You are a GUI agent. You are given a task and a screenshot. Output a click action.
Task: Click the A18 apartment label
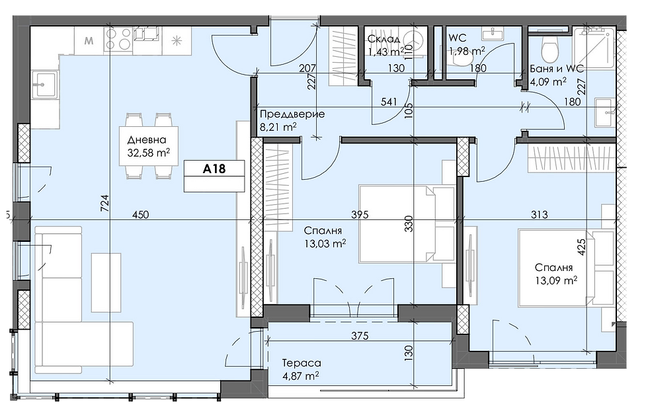[214, 169]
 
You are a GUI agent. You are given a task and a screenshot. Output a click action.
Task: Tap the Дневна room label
[147, 139]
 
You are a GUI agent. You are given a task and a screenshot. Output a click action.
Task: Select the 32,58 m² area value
[149, 153]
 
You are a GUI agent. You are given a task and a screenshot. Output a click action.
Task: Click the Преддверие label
[292, 114]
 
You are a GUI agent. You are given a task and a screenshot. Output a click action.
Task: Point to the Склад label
[384, 39]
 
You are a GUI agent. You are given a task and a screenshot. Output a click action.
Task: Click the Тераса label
[302, 363]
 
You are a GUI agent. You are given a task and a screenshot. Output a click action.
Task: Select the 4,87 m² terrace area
[300, 376]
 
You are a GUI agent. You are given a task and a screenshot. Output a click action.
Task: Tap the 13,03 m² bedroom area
[325, 244]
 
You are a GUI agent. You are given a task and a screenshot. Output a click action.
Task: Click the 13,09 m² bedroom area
[556, 281]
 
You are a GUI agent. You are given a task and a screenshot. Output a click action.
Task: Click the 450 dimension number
[140, 215]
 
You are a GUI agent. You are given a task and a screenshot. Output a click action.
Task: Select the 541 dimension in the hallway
[389, 102]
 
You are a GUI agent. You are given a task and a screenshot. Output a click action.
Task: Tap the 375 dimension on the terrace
[360, 336]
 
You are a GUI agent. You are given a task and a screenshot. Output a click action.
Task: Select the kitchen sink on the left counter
[44, 85]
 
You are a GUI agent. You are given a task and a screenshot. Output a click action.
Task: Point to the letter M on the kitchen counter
[89, 41]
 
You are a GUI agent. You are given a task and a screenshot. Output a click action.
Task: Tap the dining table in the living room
[149, 146]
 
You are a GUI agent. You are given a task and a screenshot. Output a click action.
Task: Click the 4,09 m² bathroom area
[548, 82]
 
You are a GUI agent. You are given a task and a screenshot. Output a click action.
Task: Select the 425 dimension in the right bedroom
[581, 247]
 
